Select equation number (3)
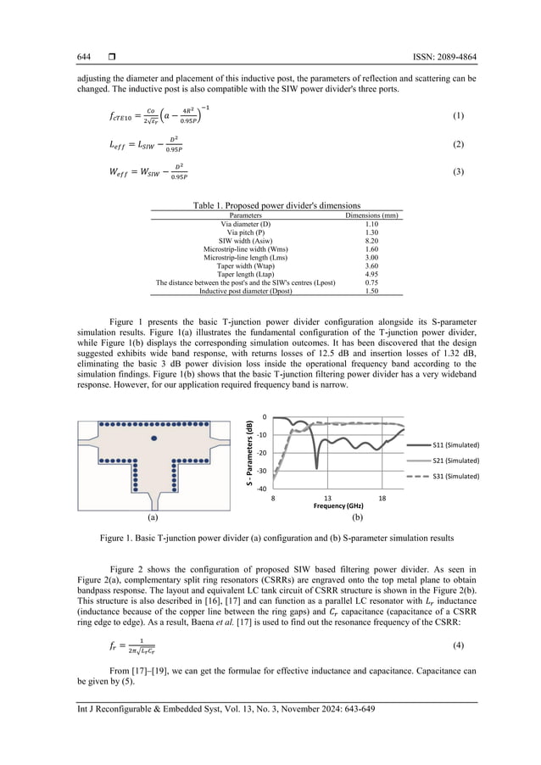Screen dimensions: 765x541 pyautogui.click(x=459, y=172)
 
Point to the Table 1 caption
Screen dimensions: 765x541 pyautogui.click(x=270, y=206)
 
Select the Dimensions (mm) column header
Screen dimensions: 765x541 pyautogui.click(x=371, y=215)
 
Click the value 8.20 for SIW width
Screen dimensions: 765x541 pyautogui.click(x=371, y=241)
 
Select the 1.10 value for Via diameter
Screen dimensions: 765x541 pyautogui.click(x=371, y=224)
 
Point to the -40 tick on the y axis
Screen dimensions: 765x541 pyautogui.click(x=263, y=489)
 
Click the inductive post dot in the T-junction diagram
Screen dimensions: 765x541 pyautogui.click(x=153, y=438)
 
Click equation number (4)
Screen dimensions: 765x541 pyautogui.click(x=459, y=645)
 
